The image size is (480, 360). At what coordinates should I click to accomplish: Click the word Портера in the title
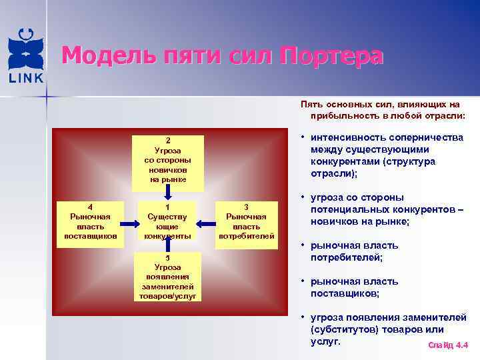[331, 55]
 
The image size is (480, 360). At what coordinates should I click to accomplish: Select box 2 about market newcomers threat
[168, 159]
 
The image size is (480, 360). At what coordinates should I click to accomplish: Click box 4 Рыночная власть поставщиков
[90, 221]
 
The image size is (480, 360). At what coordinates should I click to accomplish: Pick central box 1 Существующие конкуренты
[168, 221]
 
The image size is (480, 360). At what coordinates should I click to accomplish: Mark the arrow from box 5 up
[168, 247]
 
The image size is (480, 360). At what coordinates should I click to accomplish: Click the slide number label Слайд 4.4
[448, 345]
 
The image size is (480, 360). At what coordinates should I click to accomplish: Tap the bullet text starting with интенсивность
[387, 155]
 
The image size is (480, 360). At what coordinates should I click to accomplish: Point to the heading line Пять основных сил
[380, 104]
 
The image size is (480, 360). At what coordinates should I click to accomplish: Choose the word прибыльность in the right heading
[339, 115]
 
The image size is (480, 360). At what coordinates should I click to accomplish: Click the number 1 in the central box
[168, 207]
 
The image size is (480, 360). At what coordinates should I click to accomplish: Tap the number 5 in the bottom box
[168, 257]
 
